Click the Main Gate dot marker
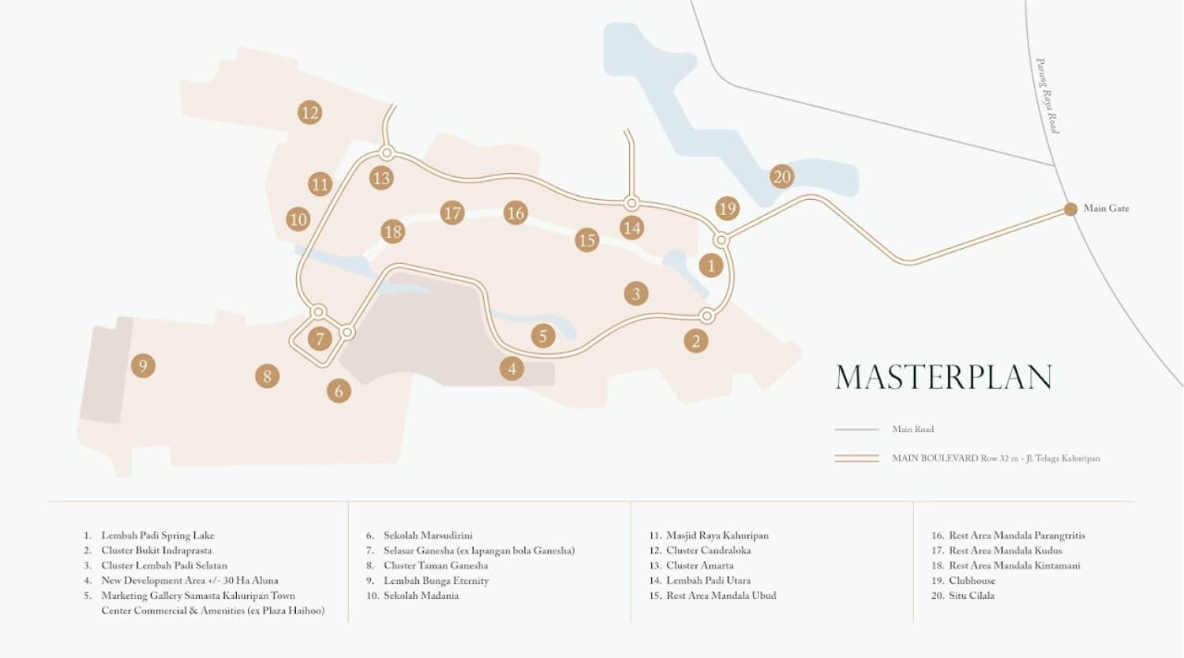[1070, 209]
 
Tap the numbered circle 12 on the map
[309, 113]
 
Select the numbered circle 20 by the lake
[781, 177]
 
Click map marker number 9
[143, 366]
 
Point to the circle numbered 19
[727, 209]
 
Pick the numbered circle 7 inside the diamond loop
[320, 340]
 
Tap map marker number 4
[511, 368]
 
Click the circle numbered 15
[586, 240]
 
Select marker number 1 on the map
[710, 265]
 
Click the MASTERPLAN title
[943, 377]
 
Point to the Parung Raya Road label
[1047, 96]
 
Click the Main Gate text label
[1106, 209]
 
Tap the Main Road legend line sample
[856, 430]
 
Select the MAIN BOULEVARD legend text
[995, 458]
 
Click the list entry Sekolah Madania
[421, 596]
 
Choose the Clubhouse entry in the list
[972, 581]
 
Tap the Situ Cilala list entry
[971, 596]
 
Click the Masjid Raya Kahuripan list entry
[717, 536]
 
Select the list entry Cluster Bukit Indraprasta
[156, 551]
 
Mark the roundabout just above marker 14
[631, 203]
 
